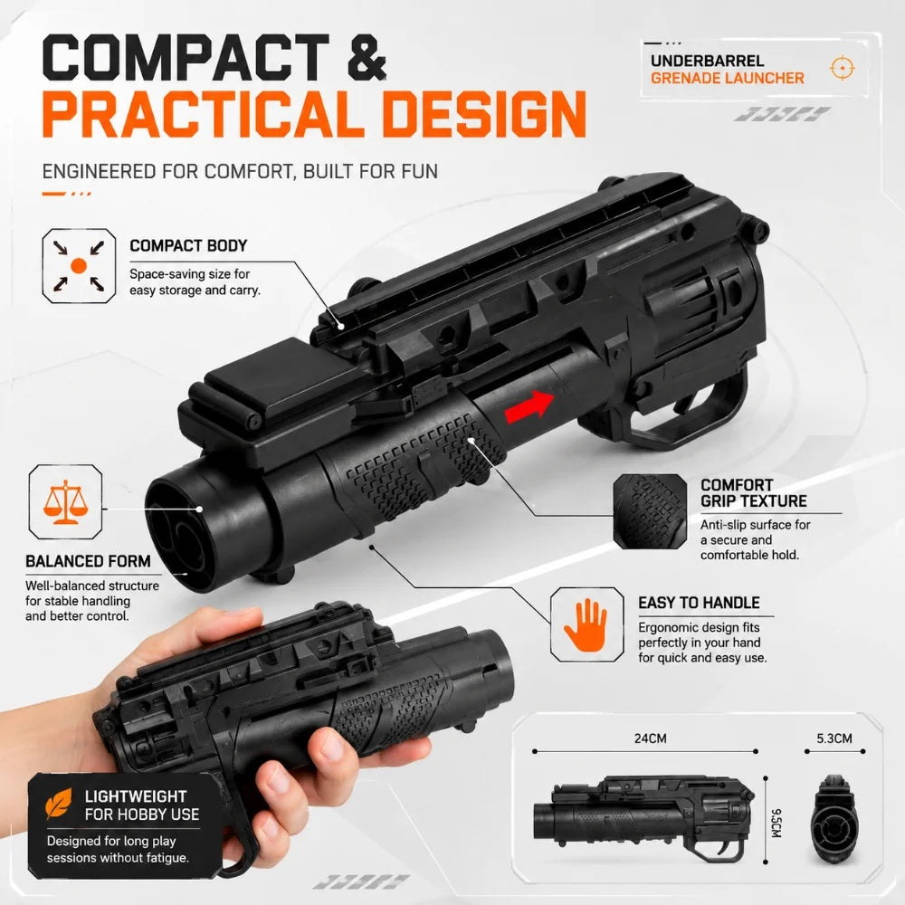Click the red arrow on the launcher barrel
[529, 406]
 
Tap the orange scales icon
[65, 502]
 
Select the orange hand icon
[586, 625]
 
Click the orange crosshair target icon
[842, 68]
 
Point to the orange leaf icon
[59, 804]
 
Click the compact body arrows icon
[79, 265]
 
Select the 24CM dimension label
[650, 738]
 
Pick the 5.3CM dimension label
[834, 738]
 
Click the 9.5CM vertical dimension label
[776, 823]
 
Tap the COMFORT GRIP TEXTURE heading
[753, 493]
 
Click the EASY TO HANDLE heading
[699, 603]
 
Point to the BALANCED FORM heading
[88, 561]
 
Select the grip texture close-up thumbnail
[650, 512]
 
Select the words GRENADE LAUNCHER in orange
[728, 78]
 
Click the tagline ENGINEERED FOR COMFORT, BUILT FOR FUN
[240, 171]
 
